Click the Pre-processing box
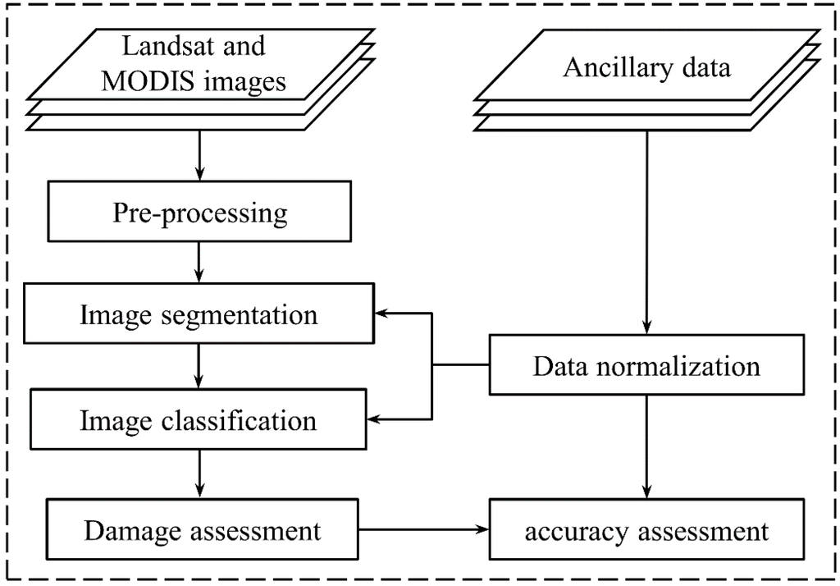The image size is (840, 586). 199,214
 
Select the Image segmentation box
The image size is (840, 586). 199,314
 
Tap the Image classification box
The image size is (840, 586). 199,419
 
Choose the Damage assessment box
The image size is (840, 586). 202,530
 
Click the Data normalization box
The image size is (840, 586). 646,364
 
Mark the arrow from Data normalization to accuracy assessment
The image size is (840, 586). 647,447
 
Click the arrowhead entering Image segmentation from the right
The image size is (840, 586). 383,314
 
